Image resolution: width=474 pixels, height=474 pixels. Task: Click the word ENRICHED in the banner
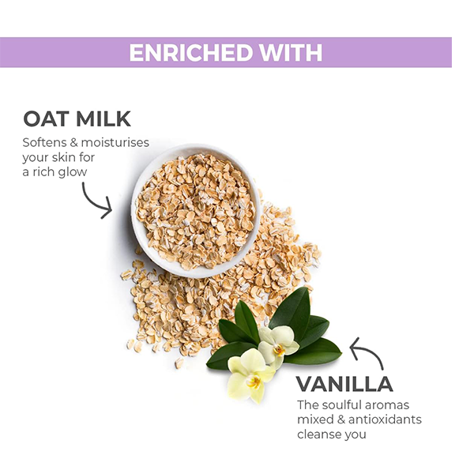point(190,53)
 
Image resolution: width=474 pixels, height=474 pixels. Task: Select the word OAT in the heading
point(46,118)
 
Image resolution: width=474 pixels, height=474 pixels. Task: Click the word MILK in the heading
point(103,118)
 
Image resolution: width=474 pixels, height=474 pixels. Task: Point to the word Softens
point(44,142)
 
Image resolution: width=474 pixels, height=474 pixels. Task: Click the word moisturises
point(115,142)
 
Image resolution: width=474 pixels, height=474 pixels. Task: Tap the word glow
point(73,172)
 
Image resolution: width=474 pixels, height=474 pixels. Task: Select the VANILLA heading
point(344,384)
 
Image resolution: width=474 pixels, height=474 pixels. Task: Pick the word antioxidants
point(385,419)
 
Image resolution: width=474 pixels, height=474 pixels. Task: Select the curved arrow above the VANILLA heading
point(370,351)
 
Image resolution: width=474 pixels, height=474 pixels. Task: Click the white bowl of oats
point(197,211)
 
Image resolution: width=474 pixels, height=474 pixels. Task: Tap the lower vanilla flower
point(250,374)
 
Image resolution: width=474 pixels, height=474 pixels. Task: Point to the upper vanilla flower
point(278,344)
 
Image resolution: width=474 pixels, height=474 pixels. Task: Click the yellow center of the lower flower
point(253,382)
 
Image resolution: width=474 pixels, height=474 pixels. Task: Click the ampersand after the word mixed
point(341,419)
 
